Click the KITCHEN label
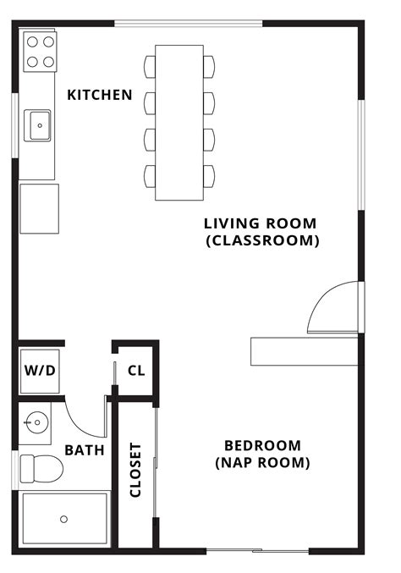pyautogui.click(x=99, y=95)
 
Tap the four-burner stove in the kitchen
pyautogui.click(x=39, y=52)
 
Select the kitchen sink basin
pyautogui.click(x=39, y=125)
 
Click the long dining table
pyautogui.click(x=179, y=122)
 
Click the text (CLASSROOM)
pyautogui.click(x=261, y=241)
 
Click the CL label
pyautogui.click(x=135, y=371)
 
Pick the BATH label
pyautogui.click(x=85, y=450)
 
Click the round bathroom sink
pyautogui.click(x=36, y=422)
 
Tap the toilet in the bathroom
pyautogui.click(x=42, y=467)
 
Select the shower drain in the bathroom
pyautogui.click(x=63, y=518)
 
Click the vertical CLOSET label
pyautogui.click(x=135, y=471)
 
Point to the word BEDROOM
pyautogui.click(x=262, y=445)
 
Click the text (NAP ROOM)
pyautogui.click(x=262, y=463)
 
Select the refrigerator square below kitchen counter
pyautogui.click(x=39, y=208)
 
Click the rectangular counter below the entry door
pyautogui.click(x=304, y=349)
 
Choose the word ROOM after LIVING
pyautogui.click(x=292, y=223)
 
